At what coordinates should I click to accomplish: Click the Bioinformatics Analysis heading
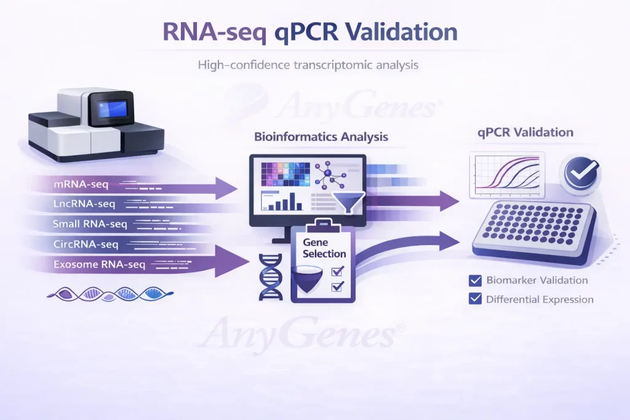tap(321, 137)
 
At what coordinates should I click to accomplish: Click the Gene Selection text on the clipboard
tap(324, 248)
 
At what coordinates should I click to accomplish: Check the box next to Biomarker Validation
tap(475, 280)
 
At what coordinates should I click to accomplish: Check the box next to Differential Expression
tap(475, 299)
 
